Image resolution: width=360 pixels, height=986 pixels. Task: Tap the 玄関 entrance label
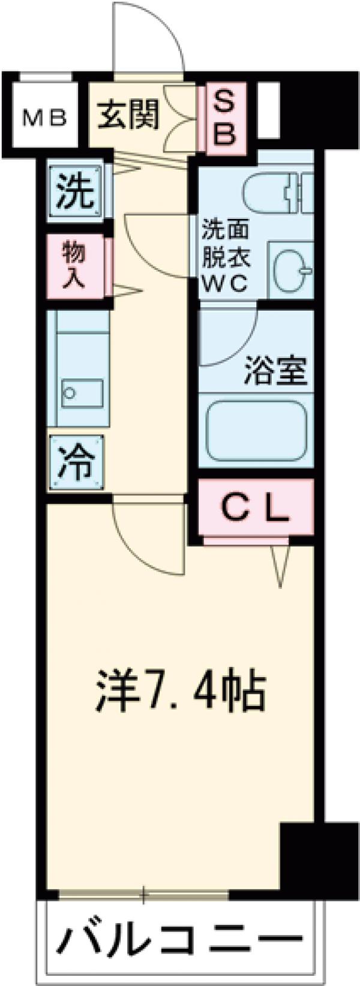pyautogui.click(x=128, y=115)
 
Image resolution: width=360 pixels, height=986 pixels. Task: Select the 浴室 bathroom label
pyautogui.click(x=276, y=372)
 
